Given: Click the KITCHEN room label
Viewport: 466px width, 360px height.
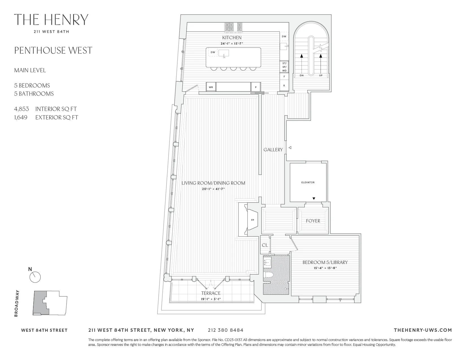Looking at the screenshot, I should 232,38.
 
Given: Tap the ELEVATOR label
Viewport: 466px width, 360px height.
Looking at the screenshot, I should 308,182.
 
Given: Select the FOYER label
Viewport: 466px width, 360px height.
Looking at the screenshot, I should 313,221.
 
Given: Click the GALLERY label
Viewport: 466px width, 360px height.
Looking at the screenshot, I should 273,150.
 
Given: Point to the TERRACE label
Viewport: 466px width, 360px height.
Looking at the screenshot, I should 211,293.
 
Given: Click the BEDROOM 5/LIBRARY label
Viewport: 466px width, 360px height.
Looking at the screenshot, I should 325,262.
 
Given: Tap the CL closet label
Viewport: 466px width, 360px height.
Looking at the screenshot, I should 265,245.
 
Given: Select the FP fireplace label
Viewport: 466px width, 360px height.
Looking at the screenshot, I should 252,220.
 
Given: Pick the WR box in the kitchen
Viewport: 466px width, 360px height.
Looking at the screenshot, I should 211,87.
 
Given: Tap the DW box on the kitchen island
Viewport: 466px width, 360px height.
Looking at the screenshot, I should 213,52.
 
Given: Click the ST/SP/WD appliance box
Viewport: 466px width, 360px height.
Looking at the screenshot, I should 284,67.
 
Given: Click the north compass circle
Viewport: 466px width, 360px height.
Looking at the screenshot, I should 35,277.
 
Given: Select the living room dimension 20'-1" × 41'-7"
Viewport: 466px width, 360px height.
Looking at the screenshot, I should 213,189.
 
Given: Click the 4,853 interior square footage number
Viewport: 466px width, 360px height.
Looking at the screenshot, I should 21,109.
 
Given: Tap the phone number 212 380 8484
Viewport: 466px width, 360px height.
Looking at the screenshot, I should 225,330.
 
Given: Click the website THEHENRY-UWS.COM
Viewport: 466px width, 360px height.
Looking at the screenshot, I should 423,330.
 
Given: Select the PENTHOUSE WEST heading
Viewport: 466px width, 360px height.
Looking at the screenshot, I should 53,51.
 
